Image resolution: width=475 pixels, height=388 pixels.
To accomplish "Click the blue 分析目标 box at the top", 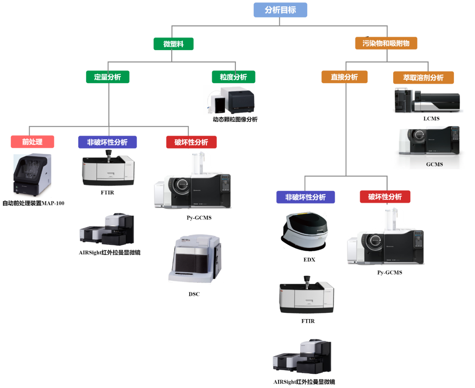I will [280, 10].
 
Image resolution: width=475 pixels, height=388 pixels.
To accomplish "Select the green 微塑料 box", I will [173, 44].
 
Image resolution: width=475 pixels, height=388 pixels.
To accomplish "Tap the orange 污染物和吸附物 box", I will [386, 43].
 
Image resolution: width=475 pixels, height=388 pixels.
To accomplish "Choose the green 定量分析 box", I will [107, 77].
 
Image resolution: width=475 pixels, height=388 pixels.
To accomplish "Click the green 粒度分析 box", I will [233, 77].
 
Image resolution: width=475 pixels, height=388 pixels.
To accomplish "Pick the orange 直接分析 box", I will [344, 77].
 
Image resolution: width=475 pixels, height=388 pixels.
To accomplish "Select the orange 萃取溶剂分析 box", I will [423, 78].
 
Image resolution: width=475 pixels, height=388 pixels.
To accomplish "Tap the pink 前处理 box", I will [32, 142].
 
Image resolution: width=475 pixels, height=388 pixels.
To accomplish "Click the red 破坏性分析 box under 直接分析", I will [385, 197].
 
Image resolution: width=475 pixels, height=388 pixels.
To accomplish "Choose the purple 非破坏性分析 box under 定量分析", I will [107, 142].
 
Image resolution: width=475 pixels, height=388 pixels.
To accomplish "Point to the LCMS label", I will [431, 119].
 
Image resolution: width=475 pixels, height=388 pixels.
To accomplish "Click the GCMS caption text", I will [434, 164].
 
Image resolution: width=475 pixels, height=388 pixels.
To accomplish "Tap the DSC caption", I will [194, 294].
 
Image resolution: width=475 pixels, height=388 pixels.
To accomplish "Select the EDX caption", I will [309, 260].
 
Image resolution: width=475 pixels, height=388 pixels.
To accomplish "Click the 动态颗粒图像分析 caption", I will [235, 119].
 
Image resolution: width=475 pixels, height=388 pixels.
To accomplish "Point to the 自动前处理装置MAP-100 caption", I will [33, 203].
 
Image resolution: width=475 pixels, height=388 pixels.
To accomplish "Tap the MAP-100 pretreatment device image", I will [32, 175].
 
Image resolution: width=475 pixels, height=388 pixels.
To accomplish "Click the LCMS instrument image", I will [427, 100].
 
